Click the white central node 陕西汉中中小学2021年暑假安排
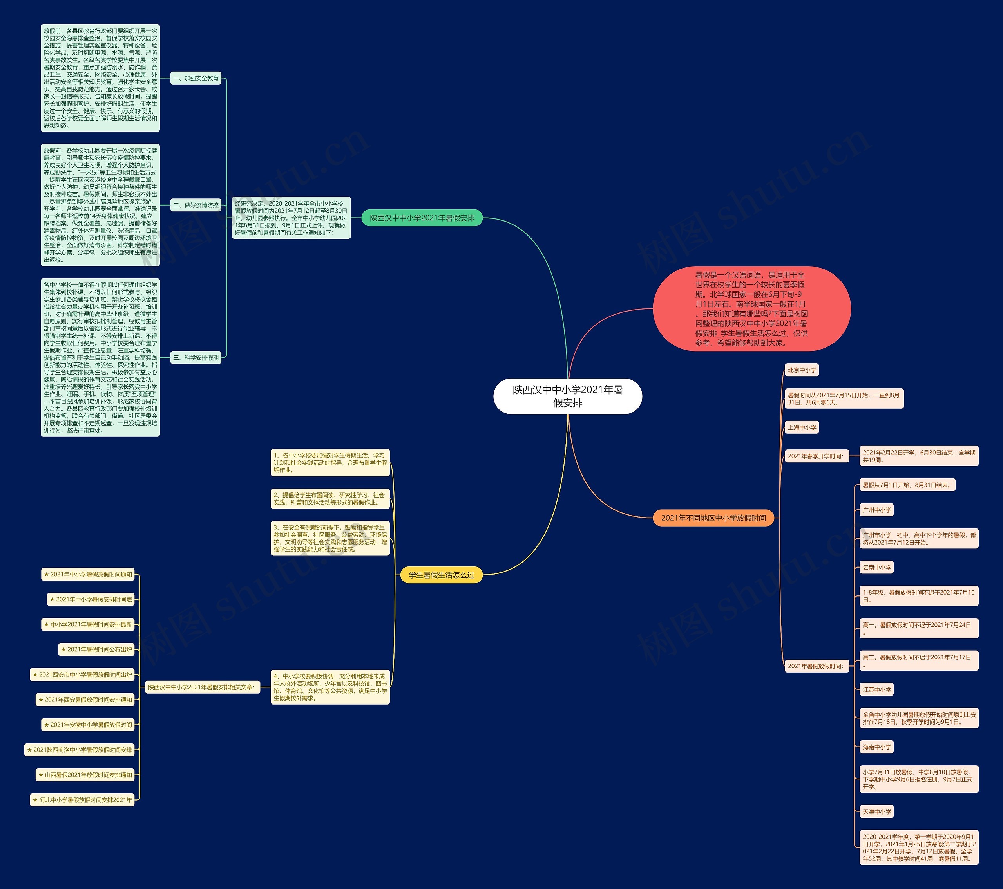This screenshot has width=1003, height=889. coord(567,396)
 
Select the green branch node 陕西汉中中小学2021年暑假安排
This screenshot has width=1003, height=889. coord(422,218)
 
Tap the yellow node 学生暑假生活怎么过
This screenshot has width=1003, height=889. coord(441,575)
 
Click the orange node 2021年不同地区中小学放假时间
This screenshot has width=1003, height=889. coord(713,518)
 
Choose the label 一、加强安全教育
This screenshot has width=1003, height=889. coord(196,78)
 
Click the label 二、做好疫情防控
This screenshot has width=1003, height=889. coord(196,205)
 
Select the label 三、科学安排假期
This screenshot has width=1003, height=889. coord(196,357)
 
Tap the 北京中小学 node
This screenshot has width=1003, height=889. coord(802,370)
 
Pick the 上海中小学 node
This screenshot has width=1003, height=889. coord(802,427)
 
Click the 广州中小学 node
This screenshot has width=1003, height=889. coord(877,510)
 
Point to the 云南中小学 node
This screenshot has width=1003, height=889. coord(877,567)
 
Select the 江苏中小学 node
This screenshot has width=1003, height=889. coord(877,689)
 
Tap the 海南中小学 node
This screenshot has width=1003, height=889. coord(877,747)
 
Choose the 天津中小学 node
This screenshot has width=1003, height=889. coord(877,811)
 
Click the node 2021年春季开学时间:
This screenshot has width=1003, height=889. coord(816,456)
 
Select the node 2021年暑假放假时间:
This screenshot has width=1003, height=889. coord(816,666)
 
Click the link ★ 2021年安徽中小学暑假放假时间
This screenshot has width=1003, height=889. coord(88,725)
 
